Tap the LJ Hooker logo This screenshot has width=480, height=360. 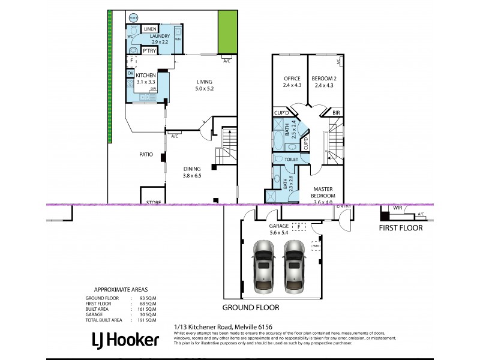pos(125,340)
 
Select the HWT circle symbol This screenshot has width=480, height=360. pos(133,19)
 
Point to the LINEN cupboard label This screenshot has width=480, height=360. pos(150,29)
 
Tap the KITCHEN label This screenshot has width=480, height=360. pos(146,75)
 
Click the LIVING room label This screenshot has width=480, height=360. pos(204,82)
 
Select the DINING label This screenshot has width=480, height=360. pos(192,169)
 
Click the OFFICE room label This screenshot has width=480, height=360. pos(292,79)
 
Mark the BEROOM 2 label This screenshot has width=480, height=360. pos(324,79)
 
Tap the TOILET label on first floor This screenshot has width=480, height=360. pos(292,159)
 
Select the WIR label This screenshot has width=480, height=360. pos(398,208)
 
